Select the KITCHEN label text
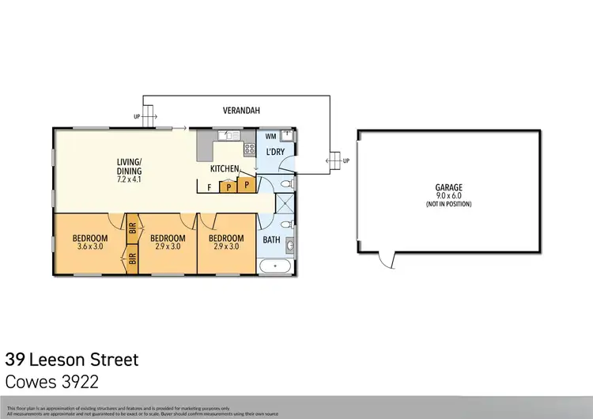pyautogui.click(x=225, y=169)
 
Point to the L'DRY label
pyautogui.click(x=276, y=151)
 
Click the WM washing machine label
pyautogui.click(x=270, y=137)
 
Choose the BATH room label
pyautogui.click(x=271, y=240)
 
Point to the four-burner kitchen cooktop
pyautogui.click(x=249, y=148)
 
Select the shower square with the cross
pyautogui.click(x=281, y=204)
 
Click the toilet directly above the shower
pyautogui.click(x=289, y=183)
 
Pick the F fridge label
pyautogui.click(x=209, y=188)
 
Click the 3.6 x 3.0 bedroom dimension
pyautogui.click(x=91, y=247)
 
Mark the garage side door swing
pyautogui.click(x=386, y=259)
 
